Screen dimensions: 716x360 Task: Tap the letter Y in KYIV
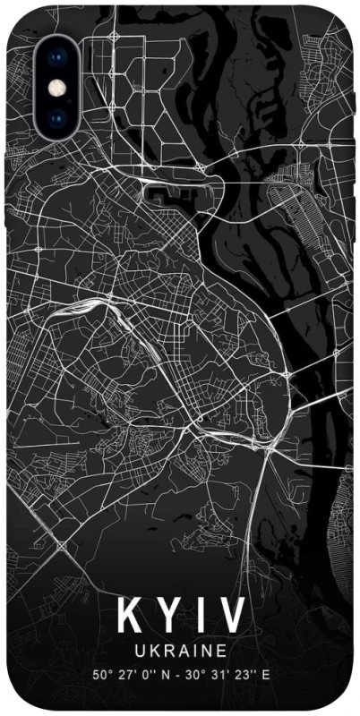(x=165, y=617)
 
